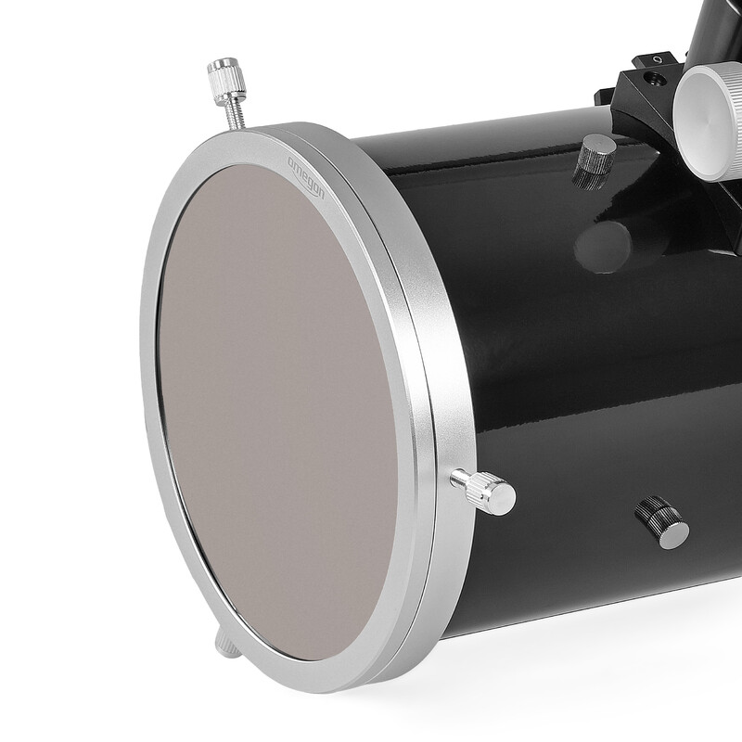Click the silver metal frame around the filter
[408, 306]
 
